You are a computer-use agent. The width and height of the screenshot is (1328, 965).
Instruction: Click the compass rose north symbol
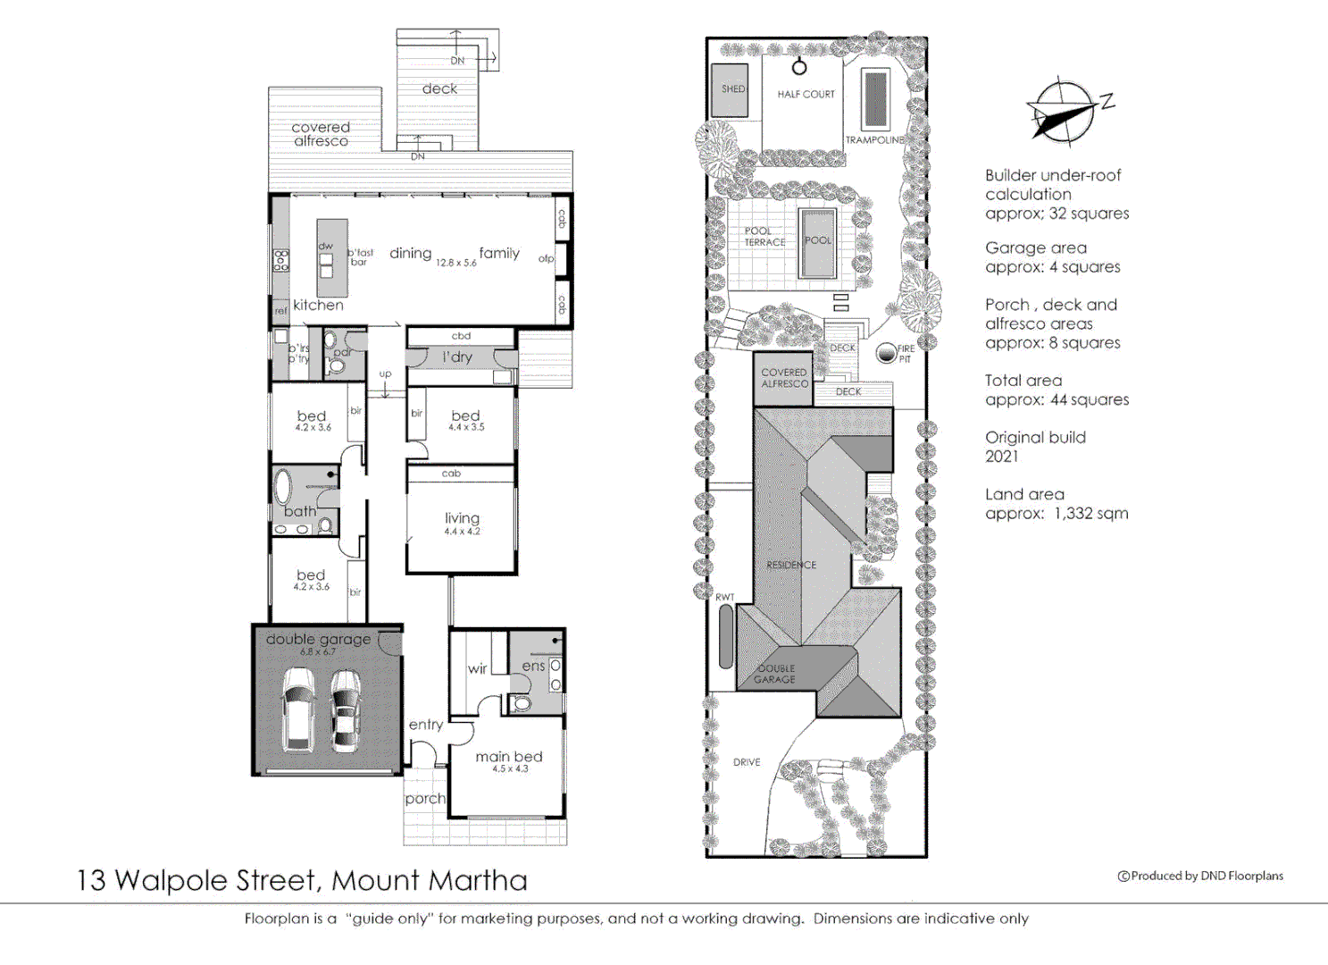tap(1063, 112)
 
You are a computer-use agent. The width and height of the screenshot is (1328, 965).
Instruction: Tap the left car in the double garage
tap(298, 709)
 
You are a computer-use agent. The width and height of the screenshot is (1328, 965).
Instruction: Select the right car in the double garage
tap(346, 709)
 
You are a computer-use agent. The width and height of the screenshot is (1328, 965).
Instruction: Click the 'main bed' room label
tap(508, 757)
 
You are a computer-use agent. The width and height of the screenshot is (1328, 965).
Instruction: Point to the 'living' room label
tap(462, 518)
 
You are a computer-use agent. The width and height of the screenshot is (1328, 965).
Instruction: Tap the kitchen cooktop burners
tap(281, 260)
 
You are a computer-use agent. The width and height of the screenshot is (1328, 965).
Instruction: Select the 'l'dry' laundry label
tap(457, 357)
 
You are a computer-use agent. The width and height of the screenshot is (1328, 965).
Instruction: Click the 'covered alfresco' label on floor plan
tap(321, 134)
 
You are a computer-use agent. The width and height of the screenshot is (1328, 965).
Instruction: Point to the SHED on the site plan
tap(731, 89)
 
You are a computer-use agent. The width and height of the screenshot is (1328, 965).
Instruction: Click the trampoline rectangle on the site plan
tap(875, 98)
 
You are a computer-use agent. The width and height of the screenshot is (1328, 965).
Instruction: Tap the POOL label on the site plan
tap(817, 240)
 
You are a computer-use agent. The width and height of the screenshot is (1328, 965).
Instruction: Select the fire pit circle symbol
tap(886, 353)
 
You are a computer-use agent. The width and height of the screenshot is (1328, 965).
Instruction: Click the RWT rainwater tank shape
tap(726, 636)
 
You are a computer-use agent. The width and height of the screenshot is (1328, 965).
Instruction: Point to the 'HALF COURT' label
tap(806, 94)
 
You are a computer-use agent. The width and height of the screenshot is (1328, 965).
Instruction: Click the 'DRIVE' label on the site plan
tap(747, 762)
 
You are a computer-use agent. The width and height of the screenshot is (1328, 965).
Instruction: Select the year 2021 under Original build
tap(1001, 457)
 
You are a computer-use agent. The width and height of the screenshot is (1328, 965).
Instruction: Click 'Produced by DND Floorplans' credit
tap(1200, 876)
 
